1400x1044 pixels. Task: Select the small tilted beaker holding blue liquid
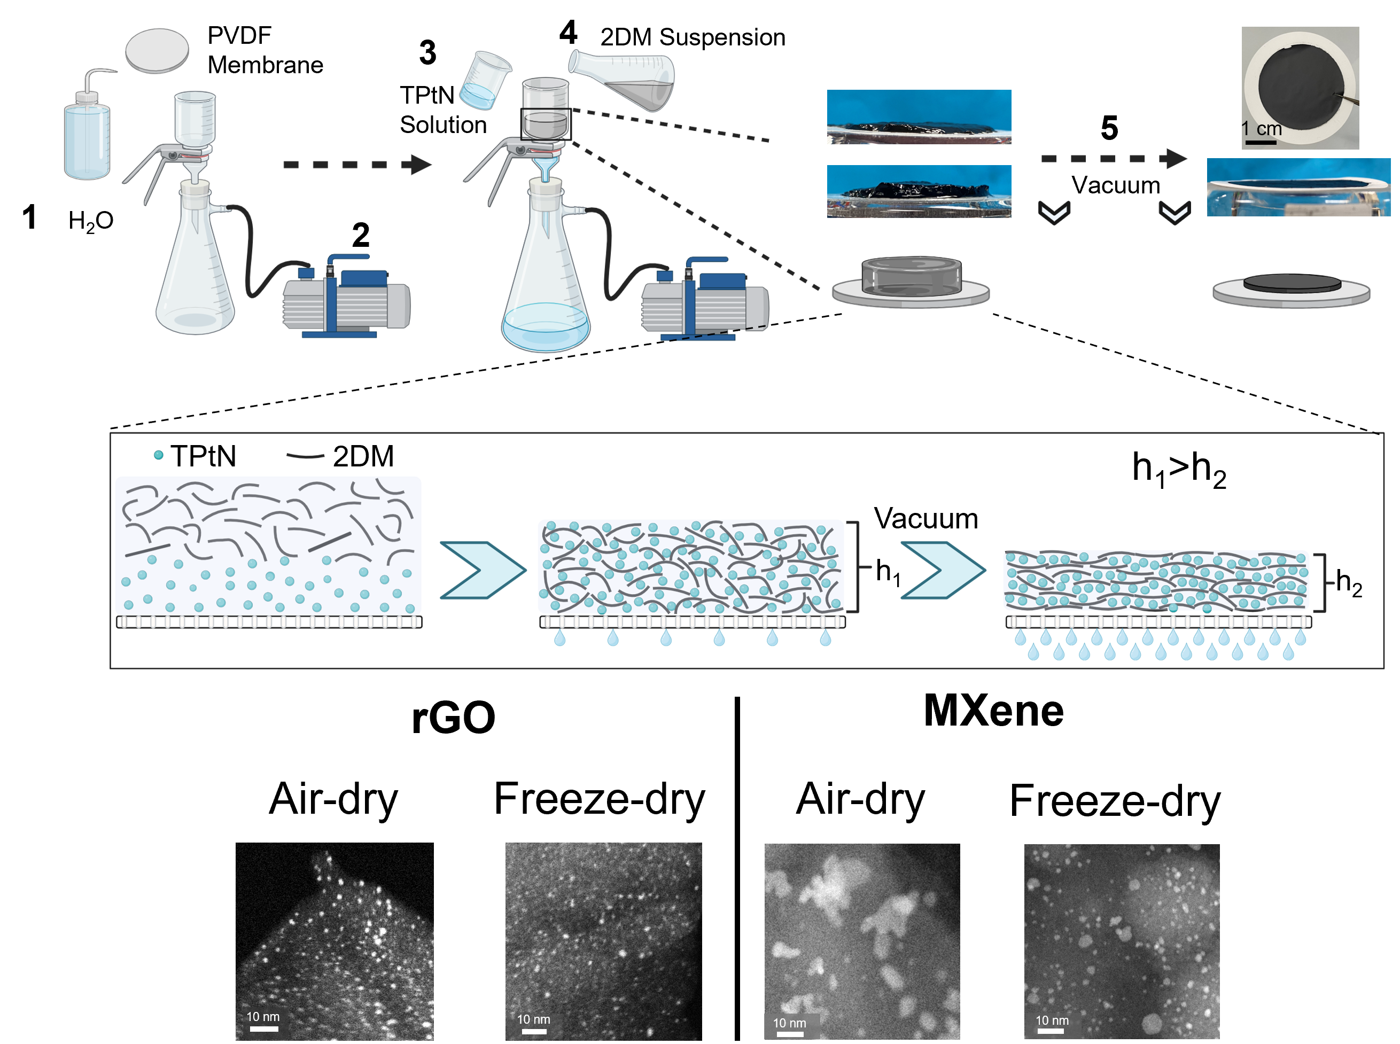pyautogui.click(x=484, y=81)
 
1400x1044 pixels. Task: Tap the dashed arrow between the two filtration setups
pyautogui.click(x=357, y=165)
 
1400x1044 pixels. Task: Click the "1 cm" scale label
pyautogui.click(x=1261, y=129)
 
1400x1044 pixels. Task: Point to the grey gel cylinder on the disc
pyautogui.click(x=911, y=277)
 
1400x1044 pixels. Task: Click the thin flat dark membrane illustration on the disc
pyautogui.click(x=1292, y=284)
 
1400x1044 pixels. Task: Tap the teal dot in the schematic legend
pyautogui.click(x=159, y=455)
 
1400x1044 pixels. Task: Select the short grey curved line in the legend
pyautogui.click(x=305, y=455)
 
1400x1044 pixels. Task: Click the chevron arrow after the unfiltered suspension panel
pyautogui.click(x=483, y=570)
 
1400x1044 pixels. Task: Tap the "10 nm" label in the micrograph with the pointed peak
pyautogui.click(x=263, y=1017)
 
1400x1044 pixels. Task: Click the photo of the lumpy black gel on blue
pyautogui.click(x=919, y=191)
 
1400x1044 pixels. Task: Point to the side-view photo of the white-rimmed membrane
pyautogui.click(x=1298, y=188)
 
